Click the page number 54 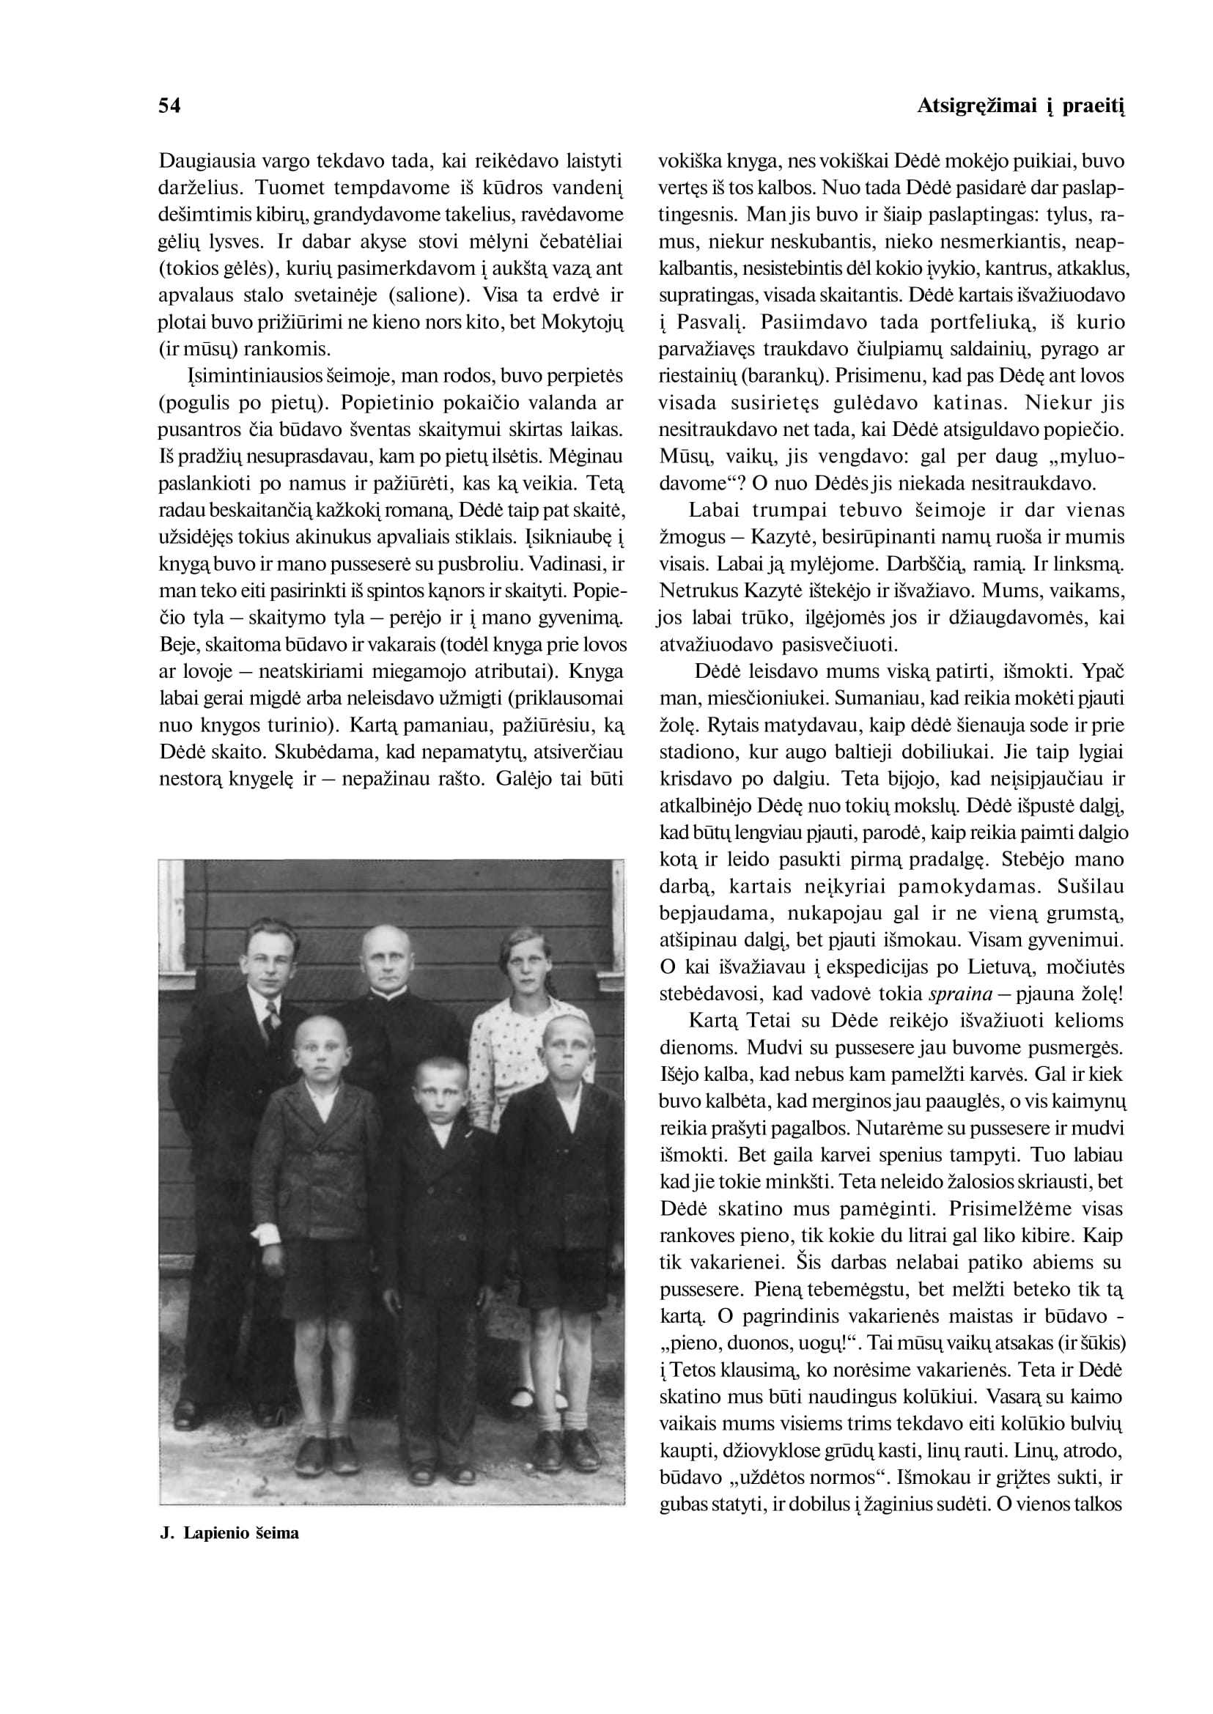pyautogui.click(x=169, y=106)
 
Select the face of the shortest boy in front pyautogui.click(x=440, y=1090)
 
